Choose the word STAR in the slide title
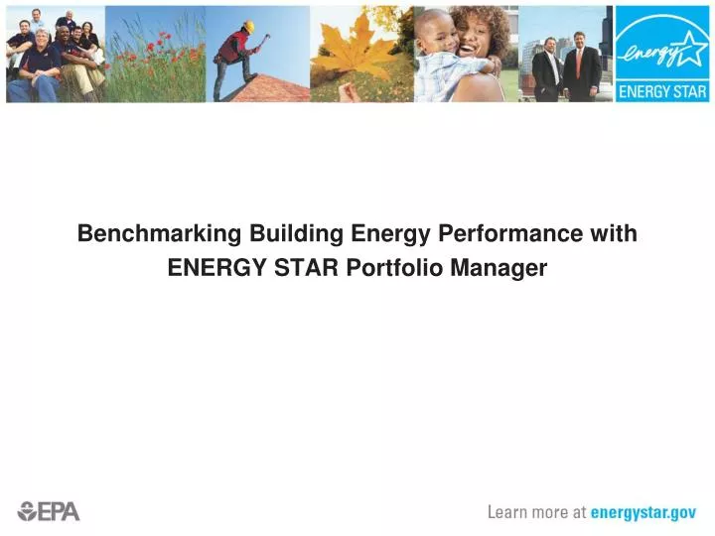click(x=303, y=268)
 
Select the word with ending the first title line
click(x=613, y=234)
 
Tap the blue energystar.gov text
click(x=643, y=512)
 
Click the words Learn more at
click(x=536, y=512)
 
